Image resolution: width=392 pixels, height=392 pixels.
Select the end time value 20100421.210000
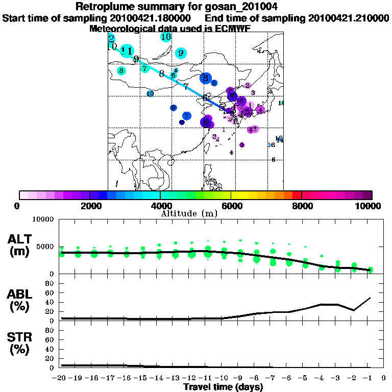[349, 18]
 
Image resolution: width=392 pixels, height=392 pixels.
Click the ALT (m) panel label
[21, 244]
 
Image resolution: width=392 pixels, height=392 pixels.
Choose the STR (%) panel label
[21, 344]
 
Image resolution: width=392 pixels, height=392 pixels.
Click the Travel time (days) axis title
[223, 387]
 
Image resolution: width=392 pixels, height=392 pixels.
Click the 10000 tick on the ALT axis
[44, 220]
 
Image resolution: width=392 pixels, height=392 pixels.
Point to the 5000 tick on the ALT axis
[46, 247]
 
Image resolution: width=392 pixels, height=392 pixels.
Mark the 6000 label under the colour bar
[231, 206]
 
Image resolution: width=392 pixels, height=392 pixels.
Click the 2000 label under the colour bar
[90, 206]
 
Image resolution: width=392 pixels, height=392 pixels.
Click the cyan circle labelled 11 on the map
[128, 51]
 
